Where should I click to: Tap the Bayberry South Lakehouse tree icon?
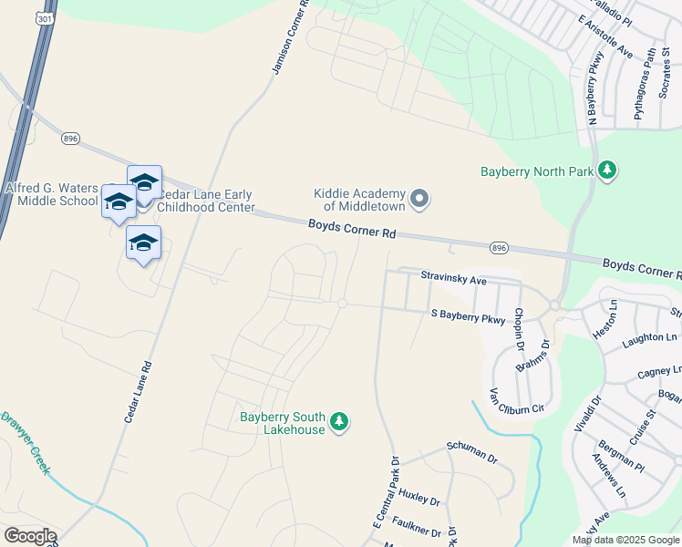click(x=339, y=421)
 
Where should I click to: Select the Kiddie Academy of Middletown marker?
click(x=419, y=199)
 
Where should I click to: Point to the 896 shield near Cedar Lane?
click(x=71, y=139)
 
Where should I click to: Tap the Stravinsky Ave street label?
click(x=453, y=278)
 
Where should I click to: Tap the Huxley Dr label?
click(x=419, y=501)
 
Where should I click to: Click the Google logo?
click(x=30, y=536)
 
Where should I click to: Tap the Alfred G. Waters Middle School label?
click(x=51, y=194)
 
